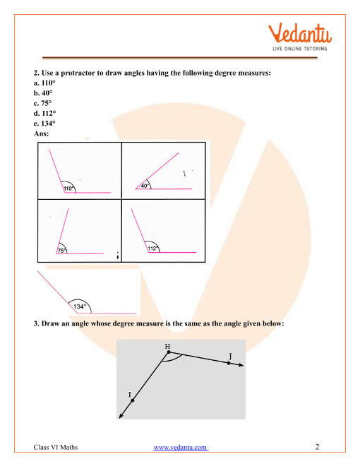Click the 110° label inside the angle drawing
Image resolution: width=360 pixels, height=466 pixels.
68,189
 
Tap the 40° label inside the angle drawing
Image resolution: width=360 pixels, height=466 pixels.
145,186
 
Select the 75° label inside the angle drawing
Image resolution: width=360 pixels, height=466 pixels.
62,250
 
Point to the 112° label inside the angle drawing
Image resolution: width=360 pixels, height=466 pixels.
153,248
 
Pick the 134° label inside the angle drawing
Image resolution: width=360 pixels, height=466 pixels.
80,306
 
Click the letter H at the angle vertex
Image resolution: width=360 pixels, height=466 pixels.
167,346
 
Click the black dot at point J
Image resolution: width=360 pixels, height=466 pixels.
229,363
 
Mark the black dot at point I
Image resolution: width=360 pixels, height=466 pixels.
133,400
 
